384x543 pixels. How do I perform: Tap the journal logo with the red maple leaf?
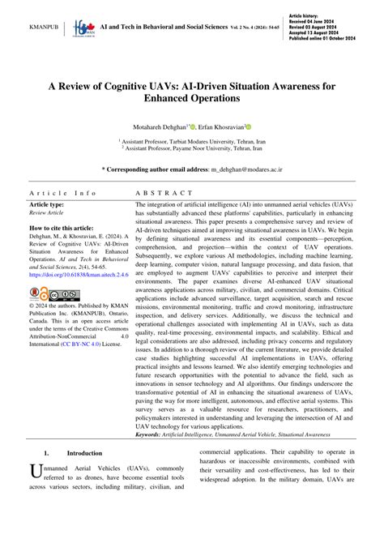[83, 27]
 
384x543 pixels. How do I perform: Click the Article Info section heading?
[62, 194]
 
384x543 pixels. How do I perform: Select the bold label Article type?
[51, 205]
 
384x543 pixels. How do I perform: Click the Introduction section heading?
[84, 453]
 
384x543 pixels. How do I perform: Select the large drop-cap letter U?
[35, 472]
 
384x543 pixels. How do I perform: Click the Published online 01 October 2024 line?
[334, 38]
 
